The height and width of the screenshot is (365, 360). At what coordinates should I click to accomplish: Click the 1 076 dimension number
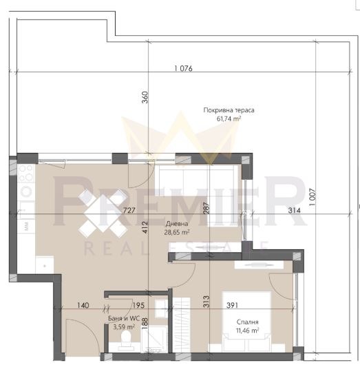coord(183,68)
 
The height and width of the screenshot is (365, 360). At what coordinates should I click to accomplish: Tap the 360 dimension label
coord(145,97)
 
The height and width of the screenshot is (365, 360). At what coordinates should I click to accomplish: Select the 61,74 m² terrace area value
coord(229,118)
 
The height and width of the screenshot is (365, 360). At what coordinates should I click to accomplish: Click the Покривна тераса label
coord(229,110)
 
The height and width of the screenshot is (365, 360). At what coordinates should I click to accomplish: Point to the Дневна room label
coord(177,224)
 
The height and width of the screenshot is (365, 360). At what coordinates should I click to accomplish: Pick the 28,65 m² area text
coord(177,232)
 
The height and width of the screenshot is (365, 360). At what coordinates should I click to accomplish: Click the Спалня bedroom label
coord(247,322)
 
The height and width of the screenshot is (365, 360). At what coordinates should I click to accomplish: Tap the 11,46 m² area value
coord(247,331)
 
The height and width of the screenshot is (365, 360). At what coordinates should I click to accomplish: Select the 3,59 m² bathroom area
coord(124,327)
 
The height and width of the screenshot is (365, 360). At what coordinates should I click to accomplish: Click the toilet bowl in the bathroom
coord(126,338)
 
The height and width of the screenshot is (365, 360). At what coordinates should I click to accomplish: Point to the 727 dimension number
coord(129,210)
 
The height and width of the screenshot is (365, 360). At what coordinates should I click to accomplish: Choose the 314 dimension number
coord(295,211)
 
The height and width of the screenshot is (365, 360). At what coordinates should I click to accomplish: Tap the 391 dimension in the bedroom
coord(232,305)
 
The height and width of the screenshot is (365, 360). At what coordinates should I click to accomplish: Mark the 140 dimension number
coord(83,305)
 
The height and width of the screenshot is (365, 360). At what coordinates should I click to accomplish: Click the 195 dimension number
coord(138,305)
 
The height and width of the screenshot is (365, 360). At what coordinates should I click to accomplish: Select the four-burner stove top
coord(26,174)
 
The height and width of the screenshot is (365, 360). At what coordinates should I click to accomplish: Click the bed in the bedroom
coord(247,322)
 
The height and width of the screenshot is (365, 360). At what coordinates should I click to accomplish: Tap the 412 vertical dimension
coord(145,227)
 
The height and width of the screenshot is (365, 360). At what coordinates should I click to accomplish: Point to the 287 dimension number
coord(207,208)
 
